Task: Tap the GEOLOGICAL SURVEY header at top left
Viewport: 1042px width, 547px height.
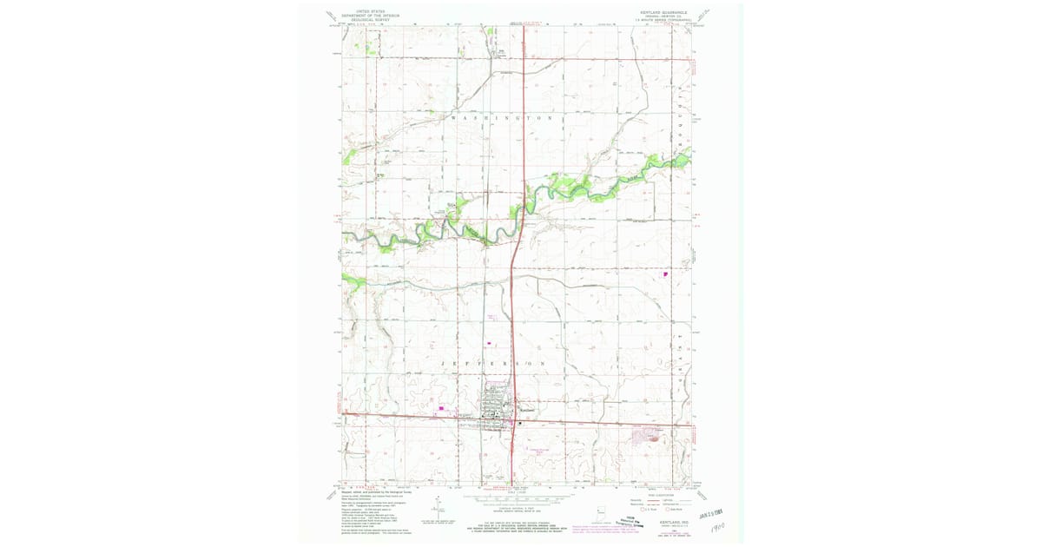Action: click(364, 19)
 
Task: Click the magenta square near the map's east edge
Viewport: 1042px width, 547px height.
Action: click(666, 274)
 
